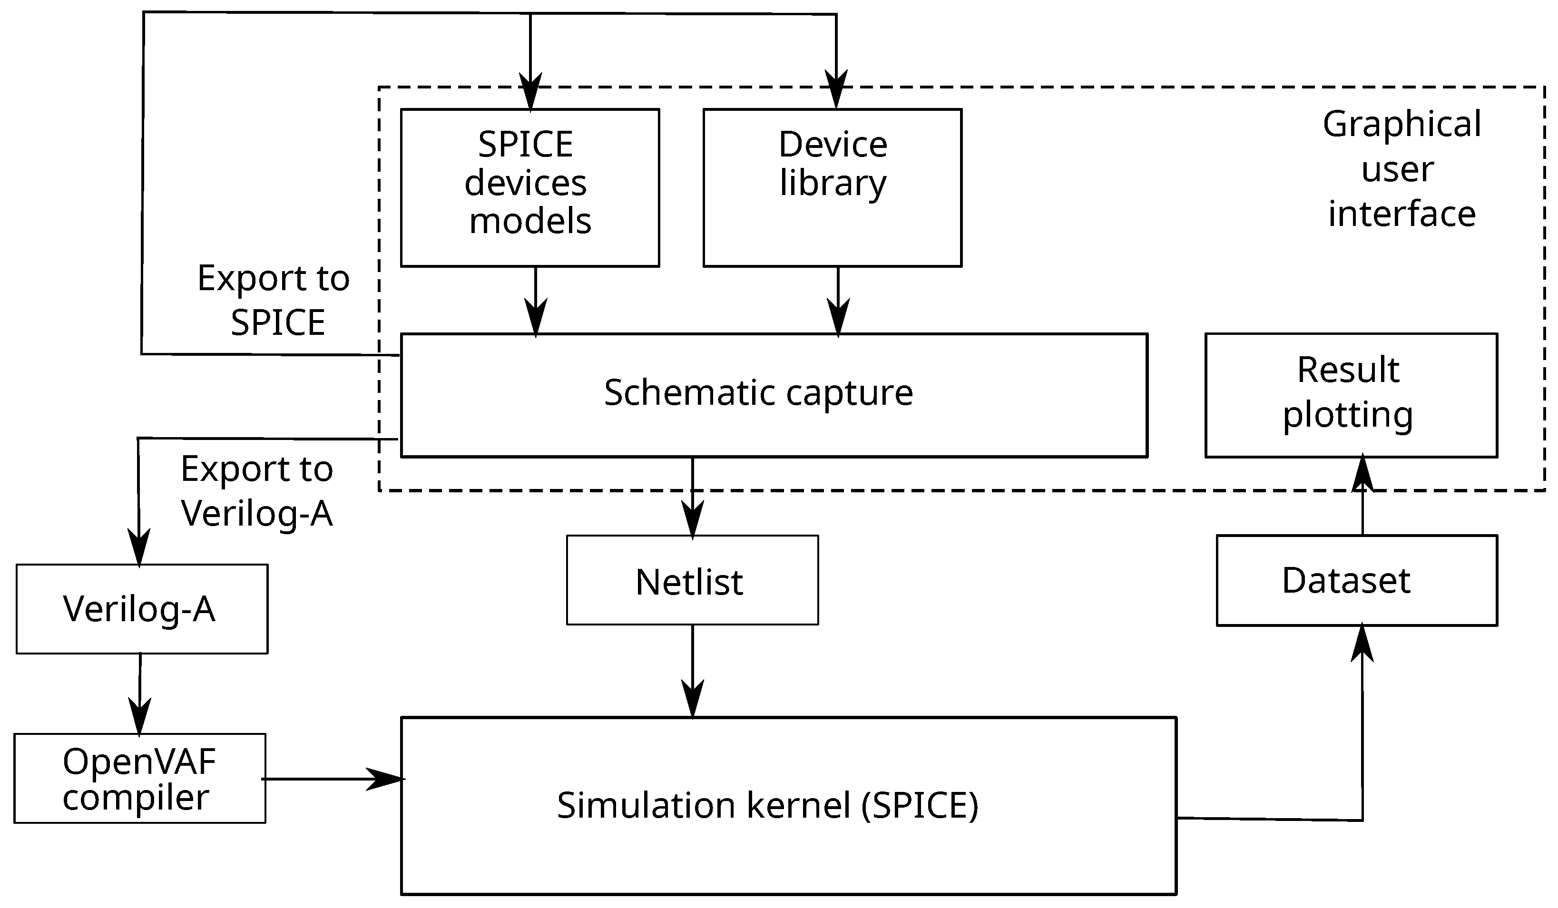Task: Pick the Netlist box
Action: pyautogui.click(x=692, y=581)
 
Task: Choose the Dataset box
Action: pyautogui.click(x=1356, y=581)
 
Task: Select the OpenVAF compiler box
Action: pyautogui.click(x=140, y=778)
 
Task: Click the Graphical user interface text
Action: pyautogui.click(x=1401, y=169)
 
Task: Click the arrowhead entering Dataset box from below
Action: pyautogui.click(x=1362, y=645)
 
